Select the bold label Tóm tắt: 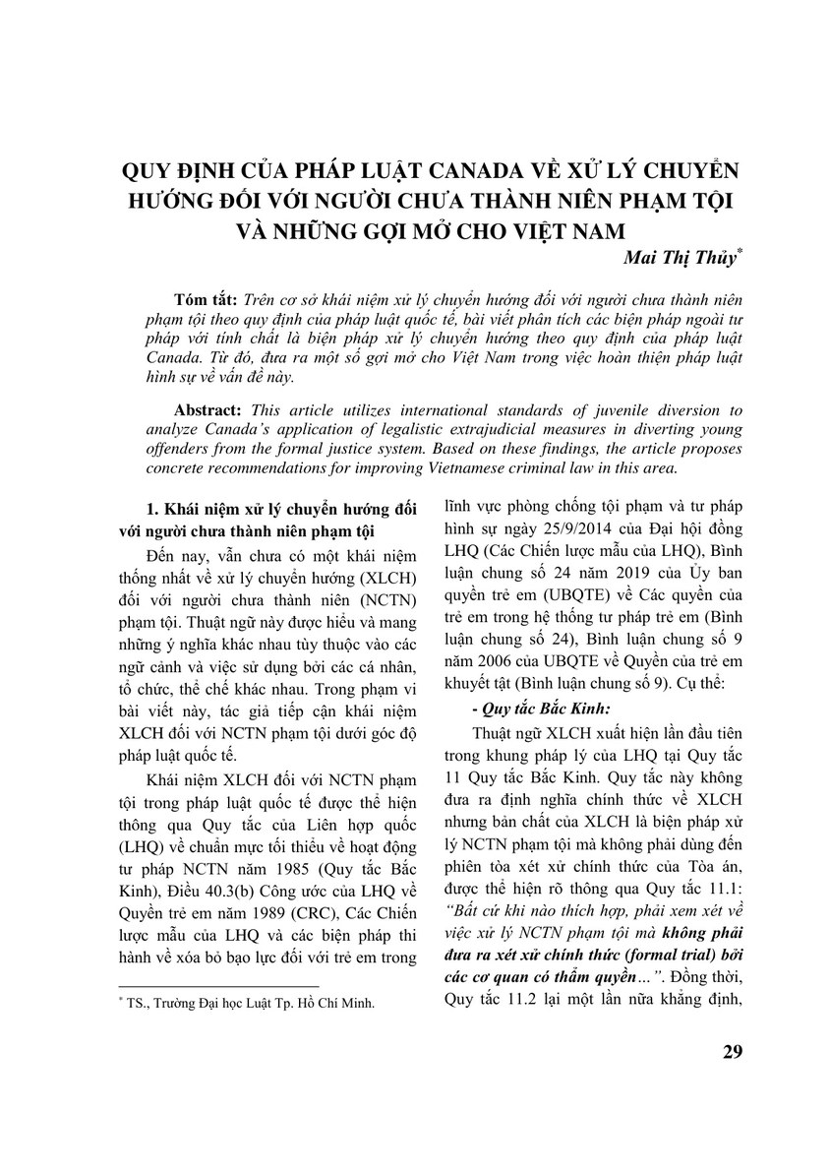[x=204, y=299]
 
